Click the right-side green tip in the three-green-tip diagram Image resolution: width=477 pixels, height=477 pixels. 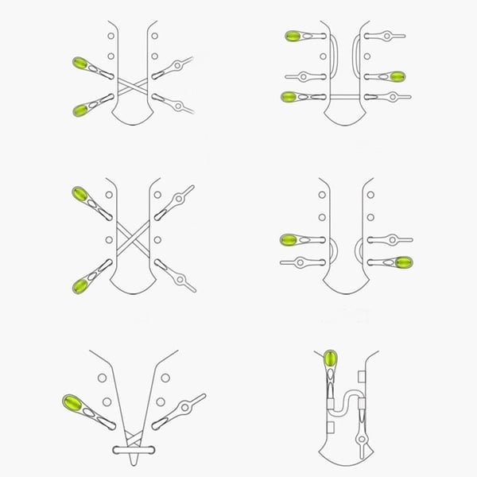[397, 76]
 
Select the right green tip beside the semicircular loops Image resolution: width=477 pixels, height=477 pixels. [401, 262]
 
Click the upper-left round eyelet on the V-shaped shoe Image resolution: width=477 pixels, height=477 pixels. [102, 379]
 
